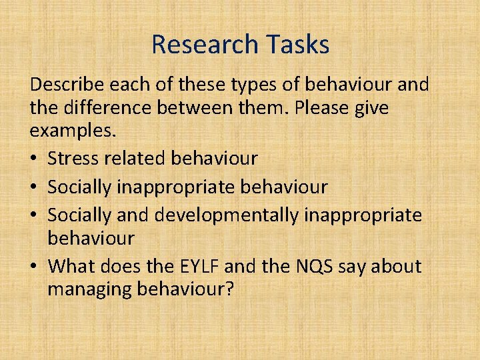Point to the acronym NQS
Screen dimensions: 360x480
[311, 267]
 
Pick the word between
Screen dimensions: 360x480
[225, 108]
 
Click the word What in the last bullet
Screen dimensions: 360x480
[73, 267]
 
